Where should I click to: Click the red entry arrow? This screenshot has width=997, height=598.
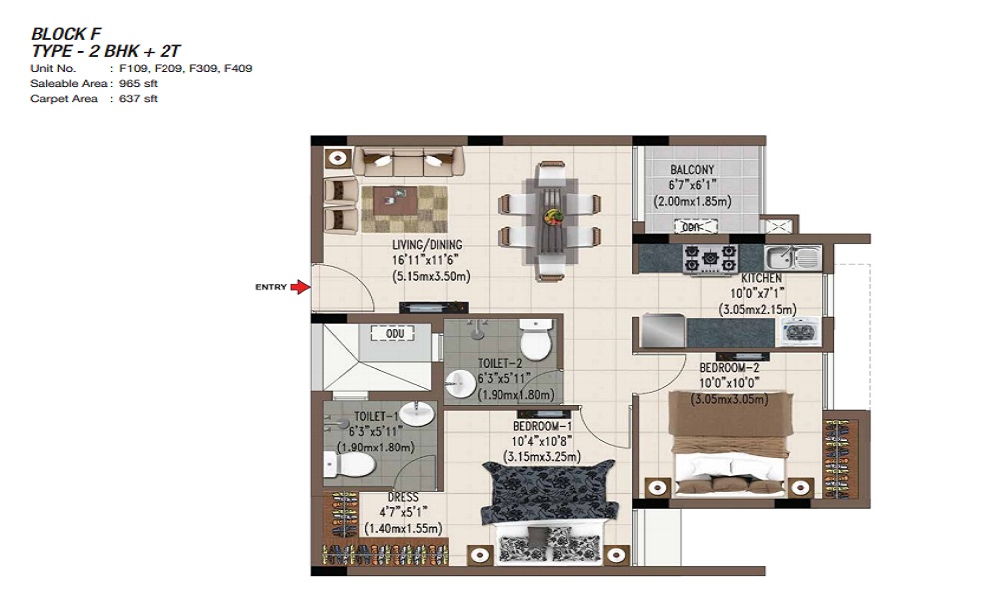pos(300,287)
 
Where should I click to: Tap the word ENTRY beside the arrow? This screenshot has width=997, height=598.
pos(271,287)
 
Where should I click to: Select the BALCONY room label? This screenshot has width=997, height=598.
pos(692,170)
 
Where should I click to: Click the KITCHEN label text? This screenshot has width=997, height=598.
pos(761,278)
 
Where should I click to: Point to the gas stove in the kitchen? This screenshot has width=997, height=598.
pos(710,259)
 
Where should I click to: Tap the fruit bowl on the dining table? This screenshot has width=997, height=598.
pos(553,216)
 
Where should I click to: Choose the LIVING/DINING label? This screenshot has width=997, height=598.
pos(427,244)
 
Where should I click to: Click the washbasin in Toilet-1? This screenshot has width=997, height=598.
pos(417,413)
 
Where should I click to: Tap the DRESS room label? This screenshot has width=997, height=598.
pos(403,497)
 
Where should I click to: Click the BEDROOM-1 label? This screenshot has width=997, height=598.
pos(543,426)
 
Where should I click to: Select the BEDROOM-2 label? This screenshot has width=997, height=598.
pos(730,368)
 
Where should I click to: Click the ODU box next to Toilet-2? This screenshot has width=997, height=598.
pos(395,334)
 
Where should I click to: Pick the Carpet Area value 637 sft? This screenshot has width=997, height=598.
pos(138,99)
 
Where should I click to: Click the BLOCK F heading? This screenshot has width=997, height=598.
pos(66,34)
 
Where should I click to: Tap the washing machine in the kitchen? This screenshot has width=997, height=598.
pos(799,332)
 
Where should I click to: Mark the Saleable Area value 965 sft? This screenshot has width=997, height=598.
pos(138,84)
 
